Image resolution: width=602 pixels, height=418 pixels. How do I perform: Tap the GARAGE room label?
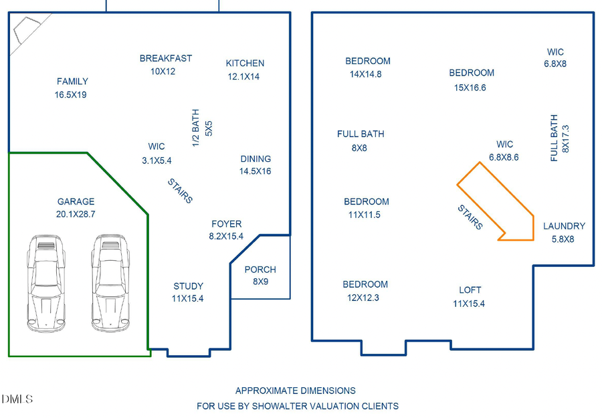[76, 201]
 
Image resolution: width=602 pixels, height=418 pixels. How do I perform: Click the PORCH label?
[260, 270]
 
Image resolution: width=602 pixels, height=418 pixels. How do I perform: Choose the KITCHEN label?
[245, 64]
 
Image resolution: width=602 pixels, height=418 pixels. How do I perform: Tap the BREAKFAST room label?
[166, 58]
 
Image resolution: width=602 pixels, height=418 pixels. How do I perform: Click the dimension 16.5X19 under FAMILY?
[71, 95]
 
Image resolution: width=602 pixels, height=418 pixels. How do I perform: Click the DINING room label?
[256, 159]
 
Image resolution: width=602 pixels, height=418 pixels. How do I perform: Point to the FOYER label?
[226, 224]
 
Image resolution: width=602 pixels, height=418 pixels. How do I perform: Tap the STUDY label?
[188, 286]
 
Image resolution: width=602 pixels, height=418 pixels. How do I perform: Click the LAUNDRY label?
[564, 226]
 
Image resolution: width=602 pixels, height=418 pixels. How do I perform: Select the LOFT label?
[470, 290]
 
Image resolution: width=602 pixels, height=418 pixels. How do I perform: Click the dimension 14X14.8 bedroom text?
[365, 74]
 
